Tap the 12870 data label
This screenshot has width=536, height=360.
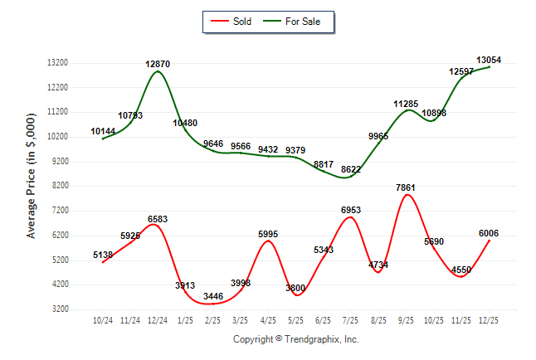coord(158,65)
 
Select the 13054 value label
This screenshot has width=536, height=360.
coord(489,60)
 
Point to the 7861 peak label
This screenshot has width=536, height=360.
coord(406,188)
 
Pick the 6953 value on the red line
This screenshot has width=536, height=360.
coord(351,212)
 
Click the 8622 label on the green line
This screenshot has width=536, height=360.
coord(351,169)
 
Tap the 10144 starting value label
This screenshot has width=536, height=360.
coord(103,131)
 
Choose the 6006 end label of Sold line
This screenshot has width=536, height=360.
coord(488,234)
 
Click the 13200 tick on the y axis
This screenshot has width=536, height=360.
coord(56,63)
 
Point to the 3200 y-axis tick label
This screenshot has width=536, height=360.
coord(59,309)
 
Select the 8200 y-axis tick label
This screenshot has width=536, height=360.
coord(59,186)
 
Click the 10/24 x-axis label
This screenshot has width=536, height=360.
coord(103,321)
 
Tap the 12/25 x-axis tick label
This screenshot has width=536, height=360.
coord(489,321)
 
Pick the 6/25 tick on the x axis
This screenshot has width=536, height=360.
coord(323,321)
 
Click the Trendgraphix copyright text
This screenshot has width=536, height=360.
coord(295,339)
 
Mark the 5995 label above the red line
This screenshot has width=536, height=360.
coord(268,235)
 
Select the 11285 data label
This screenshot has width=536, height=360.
coord(406,105)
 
